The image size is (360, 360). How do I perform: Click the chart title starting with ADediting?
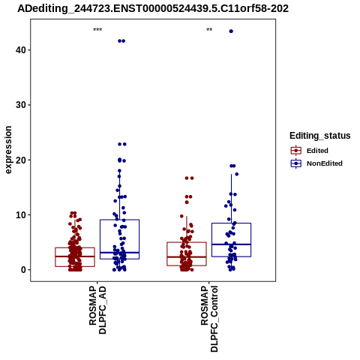tap(153, 9)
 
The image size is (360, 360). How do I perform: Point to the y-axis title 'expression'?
tap(8, 150)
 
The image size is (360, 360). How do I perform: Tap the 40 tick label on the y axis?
tap(21, 50)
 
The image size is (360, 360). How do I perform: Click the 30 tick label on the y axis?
tap(21, 105)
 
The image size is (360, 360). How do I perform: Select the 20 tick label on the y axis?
tap(21, 160)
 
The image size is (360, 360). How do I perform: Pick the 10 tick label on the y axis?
tap(21, 215)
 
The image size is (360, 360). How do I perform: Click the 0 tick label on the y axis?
tap(23, 270)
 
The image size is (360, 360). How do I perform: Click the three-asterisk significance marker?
tap(97, 30)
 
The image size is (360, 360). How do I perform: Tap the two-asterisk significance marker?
tap(209, 30)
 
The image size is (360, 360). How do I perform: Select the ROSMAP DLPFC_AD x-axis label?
tap(97, 310)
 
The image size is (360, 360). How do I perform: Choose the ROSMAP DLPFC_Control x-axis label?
tap(209, 319)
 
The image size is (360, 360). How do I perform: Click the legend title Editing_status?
tap(320, 136)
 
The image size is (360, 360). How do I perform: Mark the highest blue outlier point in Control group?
tap(231, 31)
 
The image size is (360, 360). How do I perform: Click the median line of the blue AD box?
tap(119, 253)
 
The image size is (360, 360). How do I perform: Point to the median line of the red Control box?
tap(187, 257)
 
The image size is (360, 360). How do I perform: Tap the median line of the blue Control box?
tap(231, 244)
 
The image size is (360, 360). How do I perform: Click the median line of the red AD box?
tap(75, 256)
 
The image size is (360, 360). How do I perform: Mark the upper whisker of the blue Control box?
tap(231, 199)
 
